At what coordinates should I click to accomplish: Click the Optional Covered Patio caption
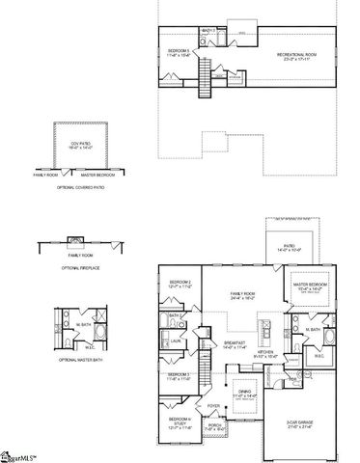(x=80, y=186)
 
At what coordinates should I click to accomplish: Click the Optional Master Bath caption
(x=80, y=359)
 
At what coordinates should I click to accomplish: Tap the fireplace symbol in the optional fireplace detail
(x=74, y=239)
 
